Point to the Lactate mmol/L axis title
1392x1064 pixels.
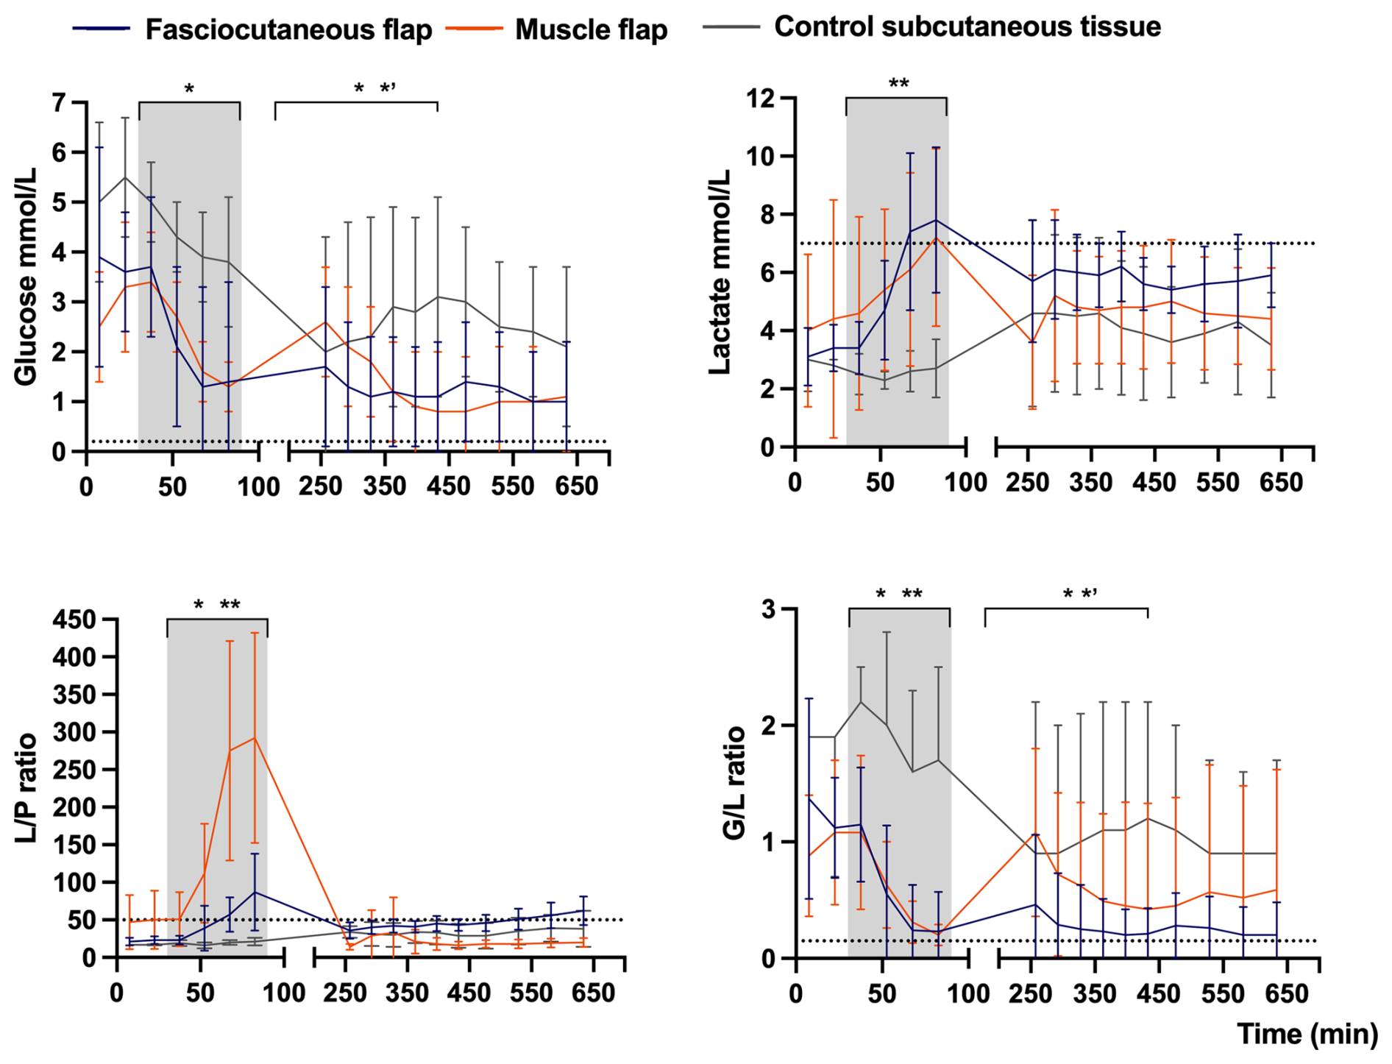720,272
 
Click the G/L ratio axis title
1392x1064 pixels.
734,784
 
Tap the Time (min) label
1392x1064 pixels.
1307,1034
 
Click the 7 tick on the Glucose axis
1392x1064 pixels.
58,102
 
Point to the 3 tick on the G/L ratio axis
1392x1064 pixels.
770,609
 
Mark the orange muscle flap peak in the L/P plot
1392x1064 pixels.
255,737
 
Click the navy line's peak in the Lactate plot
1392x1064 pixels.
936,220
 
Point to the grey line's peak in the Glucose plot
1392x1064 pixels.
125,177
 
